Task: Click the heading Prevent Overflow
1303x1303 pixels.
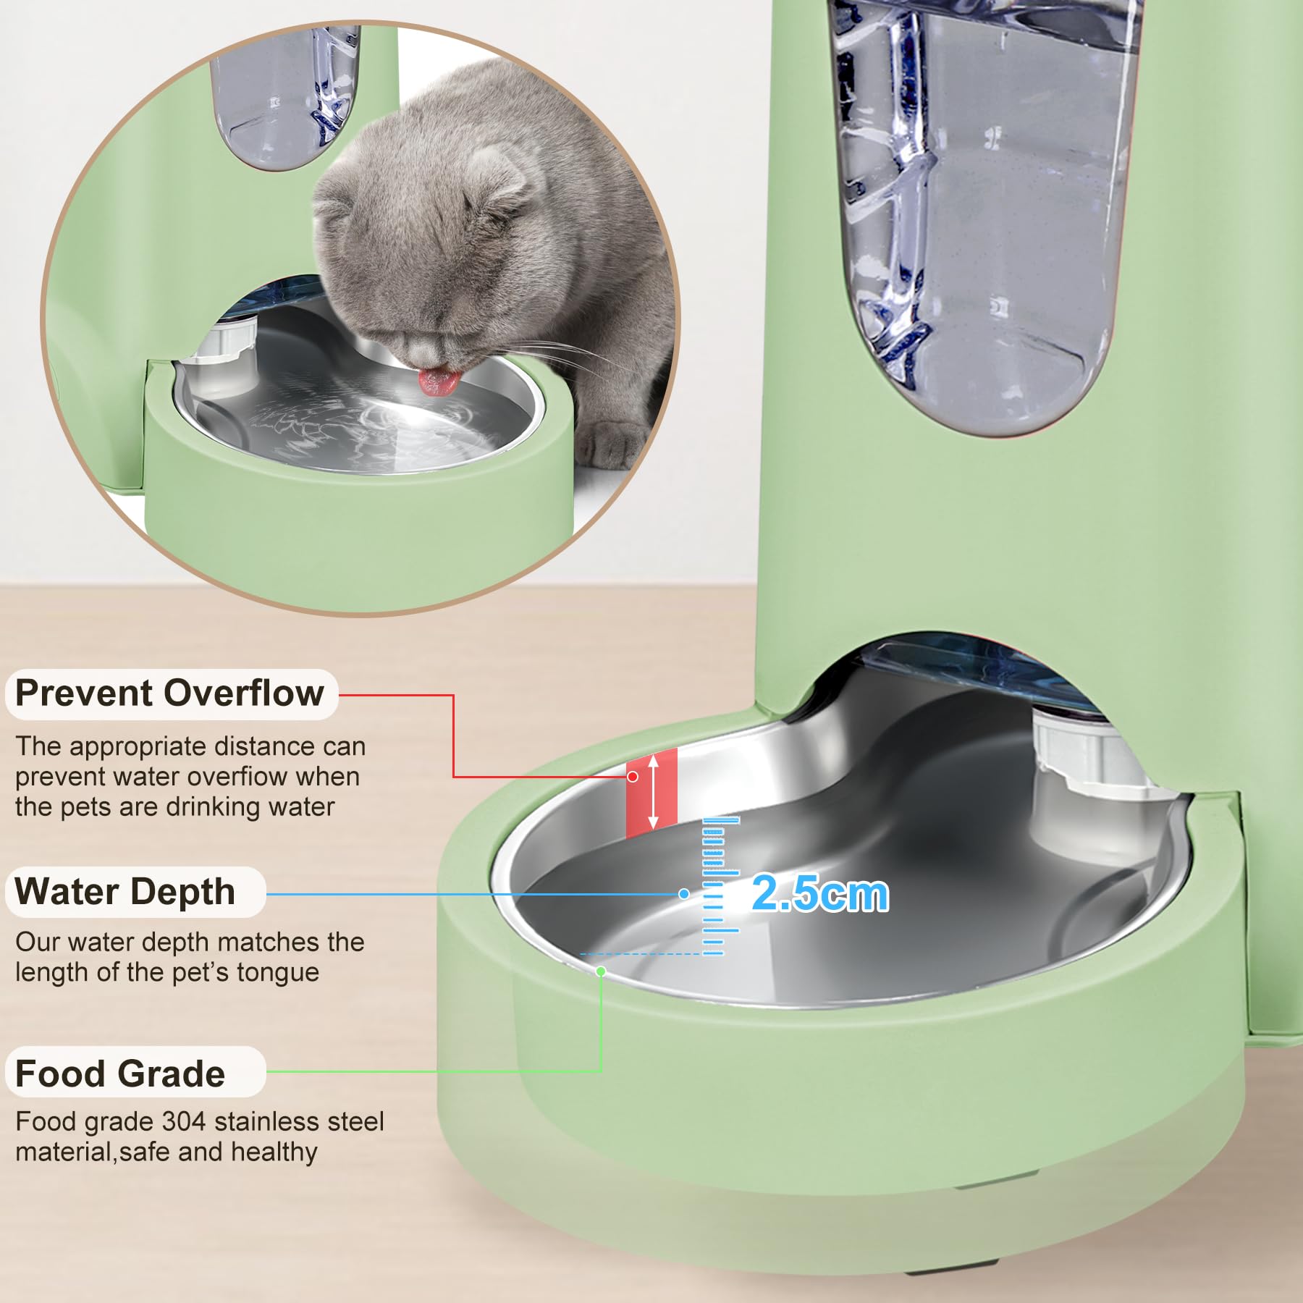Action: click(x=169, y=693)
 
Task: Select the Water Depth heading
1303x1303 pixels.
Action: click(x=125, y=891)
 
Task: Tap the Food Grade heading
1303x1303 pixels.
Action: click(x=120, y=1073)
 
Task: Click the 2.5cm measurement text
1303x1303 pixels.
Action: click(x=820, y=893)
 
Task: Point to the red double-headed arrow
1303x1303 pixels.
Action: click(x=653, y=791)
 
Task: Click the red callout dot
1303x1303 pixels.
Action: click(x=633, y=777)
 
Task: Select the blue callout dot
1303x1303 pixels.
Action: click(x=683, y=894)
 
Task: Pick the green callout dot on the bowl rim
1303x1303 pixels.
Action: click(x=600, y=971)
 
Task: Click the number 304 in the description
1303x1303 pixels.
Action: click(x=185, y=1121)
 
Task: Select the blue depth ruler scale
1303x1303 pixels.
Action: click(x=720, y=886)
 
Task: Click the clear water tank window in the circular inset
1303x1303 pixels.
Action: click(x=284, y=98)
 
